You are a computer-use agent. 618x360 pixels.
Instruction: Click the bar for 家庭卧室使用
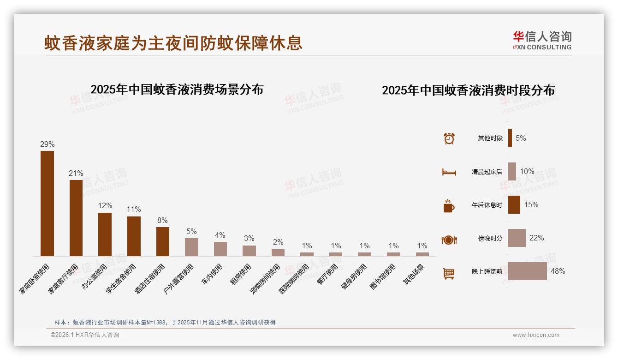click(x=47, y=204)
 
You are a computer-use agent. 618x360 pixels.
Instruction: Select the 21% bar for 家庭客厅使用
click(x=76, y=218)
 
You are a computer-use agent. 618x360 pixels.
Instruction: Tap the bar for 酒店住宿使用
click(x=163, y=241)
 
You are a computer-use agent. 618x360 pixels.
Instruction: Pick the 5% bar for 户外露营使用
click(x=191, y=247)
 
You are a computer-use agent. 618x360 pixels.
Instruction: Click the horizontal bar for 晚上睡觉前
click(x=527, y=271)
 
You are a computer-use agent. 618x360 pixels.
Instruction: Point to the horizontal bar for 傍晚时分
click(x=517, y=238)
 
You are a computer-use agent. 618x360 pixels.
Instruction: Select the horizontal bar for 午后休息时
click(x=514, y=205)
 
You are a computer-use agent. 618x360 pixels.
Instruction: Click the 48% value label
click(x=558, y=271)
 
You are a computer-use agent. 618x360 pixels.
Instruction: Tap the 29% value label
click(x=47, y=144)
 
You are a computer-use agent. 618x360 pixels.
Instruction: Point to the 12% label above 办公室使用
click(x=105, y=206)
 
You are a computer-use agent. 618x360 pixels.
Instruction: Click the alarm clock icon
click(x=449, y=138)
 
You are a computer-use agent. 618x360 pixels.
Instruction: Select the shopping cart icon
click(x=449, y=273)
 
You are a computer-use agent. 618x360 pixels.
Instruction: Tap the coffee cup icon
click(x=449, y=206)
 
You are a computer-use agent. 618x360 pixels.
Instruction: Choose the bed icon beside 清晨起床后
click(x=449, y=172)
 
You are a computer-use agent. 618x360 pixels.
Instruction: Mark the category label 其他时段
click(x=490, y=138)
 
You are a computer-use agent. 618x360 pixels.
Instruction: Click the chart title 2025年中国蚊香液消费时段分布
click(x=468, y=90)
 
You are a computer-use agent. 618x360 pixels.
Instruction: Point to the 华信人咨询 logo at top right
click(x=542, y=40)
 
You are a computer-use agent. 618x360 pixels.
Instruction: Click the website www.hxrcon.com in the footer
click(x=536, y=335)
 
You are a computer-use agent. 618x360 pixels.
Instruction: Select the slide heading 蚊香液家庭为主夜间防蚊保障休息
click(x=173, y=43)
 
